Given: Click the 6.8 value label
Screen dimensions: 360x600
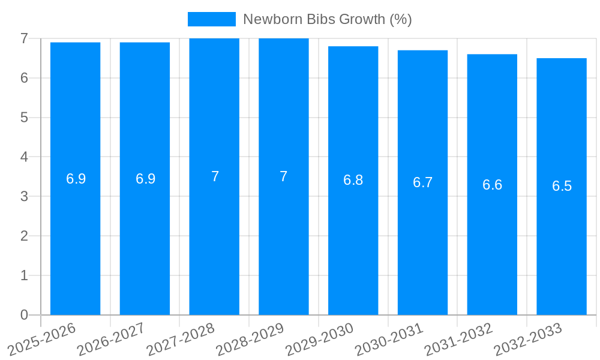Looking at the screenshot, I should (353, 180).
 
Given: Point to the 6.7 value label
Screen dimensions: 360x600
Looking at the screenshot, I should (422, 182).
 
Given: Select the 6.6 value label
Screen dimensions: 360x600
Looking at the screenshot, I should (492, 185).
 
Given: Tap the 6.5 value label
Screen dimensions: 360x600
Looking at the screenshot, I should (562, 186).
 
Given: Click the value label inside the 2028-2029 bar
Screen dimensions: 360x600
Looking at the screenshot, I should (284, 176).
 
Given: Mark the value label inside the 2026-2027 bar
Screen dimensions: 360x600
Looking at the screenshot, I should (145, 179).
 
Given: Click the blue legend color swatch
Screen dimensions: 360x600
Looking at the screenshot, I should (211, 19).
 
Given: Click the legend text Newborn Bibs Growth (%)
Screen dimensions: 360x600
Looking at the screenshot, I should (327, 19).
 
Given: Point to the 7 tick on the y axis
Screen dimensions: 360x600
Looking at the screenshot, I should (24, 38).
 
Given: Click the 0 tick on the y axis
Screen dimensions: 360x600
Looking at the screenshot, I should (24, 315).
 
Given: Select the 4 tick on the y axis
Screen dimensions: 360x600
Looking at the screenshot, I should (24, 157).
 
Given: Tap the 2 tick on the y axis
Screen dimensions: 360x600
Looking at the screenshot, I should (24, 236).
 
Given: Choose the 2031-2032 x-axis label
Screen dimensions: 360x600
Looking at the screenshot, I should (460, 339).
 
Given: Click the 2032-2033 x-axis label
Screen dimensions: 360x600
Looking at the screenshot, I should (529, 339).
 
